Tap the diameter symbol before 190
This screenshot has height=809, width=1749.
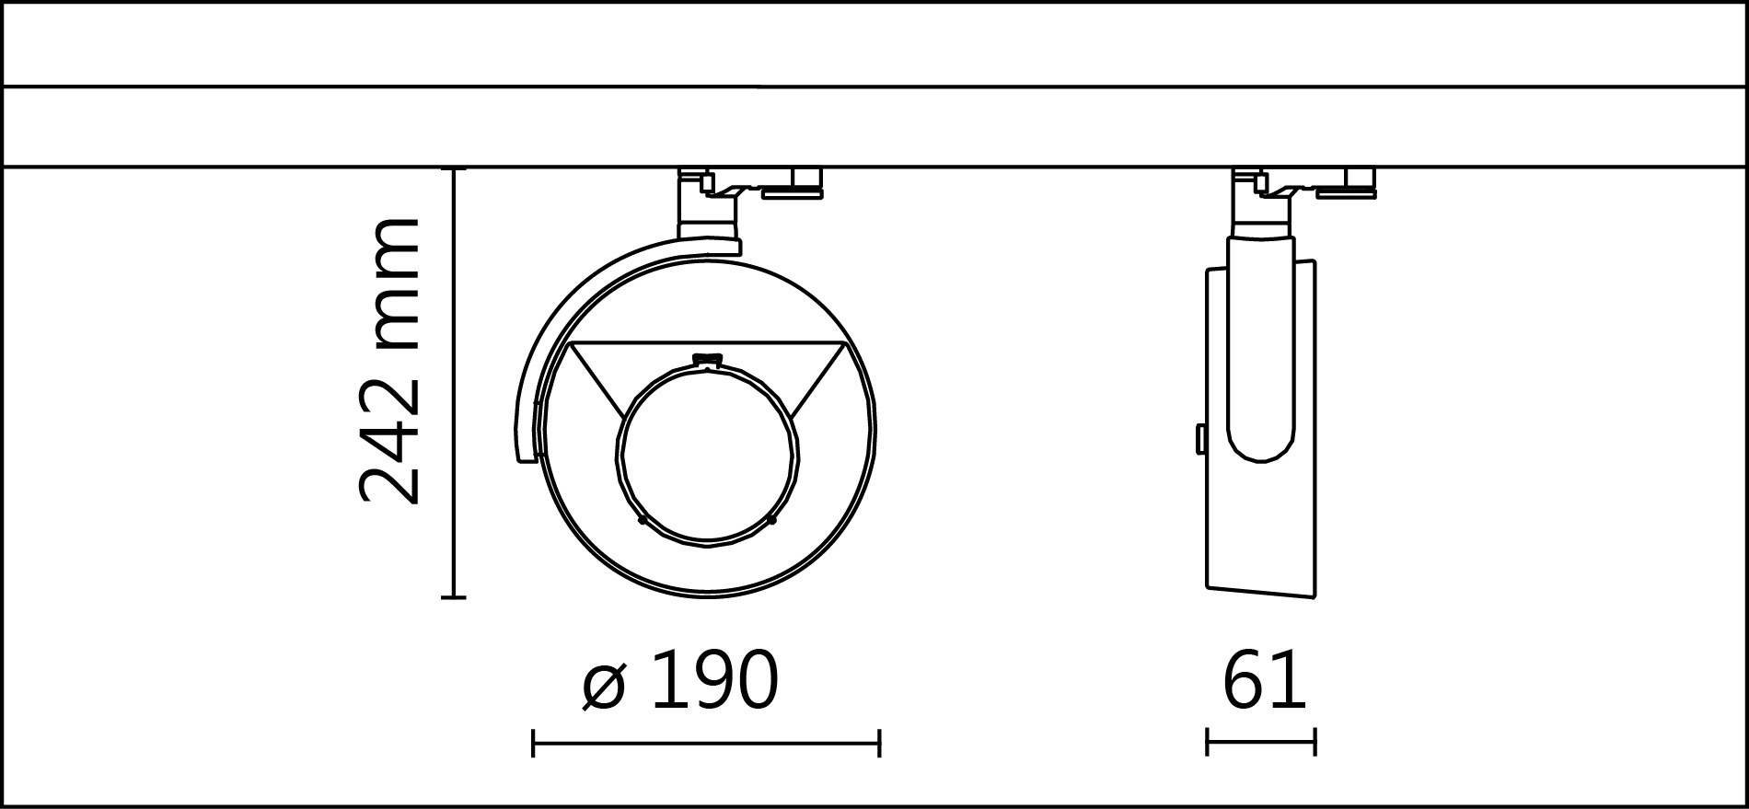(x=604, y=684)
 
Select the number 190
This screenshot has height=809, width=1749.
(x=714, y=682)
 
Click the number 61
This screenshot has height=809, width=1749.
(x=1264, y=682)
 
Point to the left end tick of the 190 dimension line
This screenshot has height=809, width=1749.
(x=533, y=743)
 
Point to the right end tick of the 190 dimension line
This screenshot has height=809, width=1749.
(x=880, y=743)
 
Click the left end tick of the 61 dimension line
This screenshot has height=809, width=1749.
(x=1207, y=742)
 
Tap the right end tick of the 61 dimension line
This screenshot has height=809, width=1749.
(x=1315, y=742)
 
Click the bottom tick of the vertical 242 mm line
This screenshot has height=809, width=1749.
(x=453, y=597)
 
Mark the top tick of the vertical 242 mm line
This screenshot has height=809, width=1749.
(x=453, y=169)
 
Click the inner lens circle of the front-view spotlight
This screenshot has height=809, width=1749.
(x=707, y=452)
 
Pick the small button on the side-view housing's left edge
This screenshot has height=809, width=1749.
(x=1200, y=439)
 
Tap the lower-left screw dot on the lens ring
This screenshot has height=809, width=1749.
(x=643, y=521)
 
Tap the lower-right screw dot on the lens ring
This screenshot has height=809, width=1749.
(x=771, y=521)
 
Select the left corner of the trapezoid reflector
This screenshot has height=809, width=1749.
(x=571, y=344)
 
